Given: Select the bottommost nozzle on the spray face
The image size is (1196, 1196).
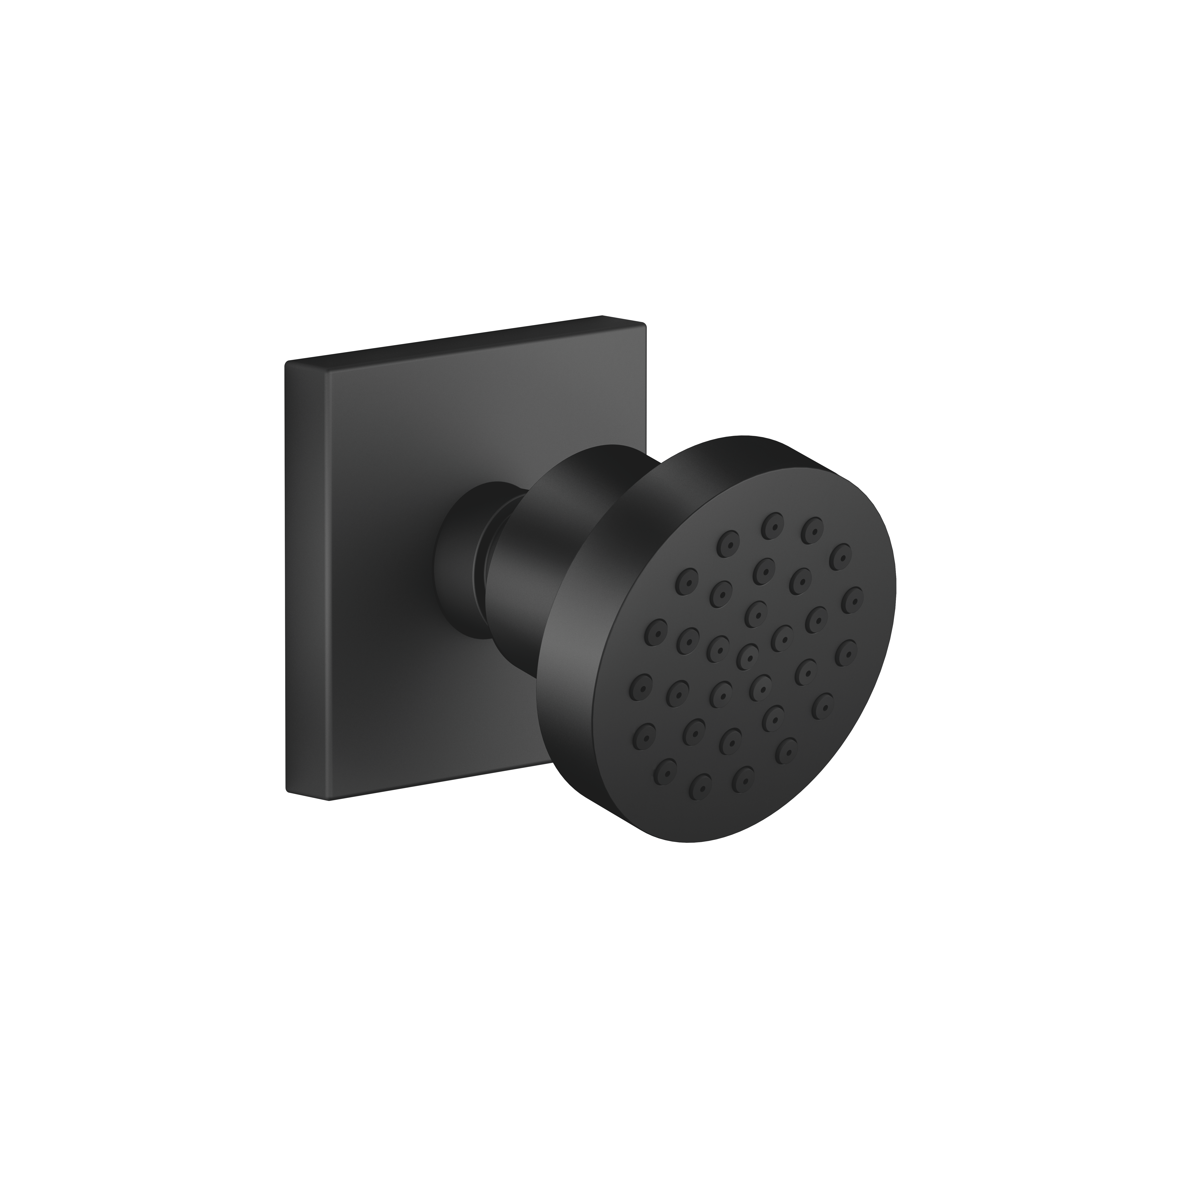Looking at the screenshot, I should click(700, 787).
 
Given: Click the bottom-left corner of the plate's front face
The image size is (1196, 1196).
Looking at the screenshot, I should click(329, 799).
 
